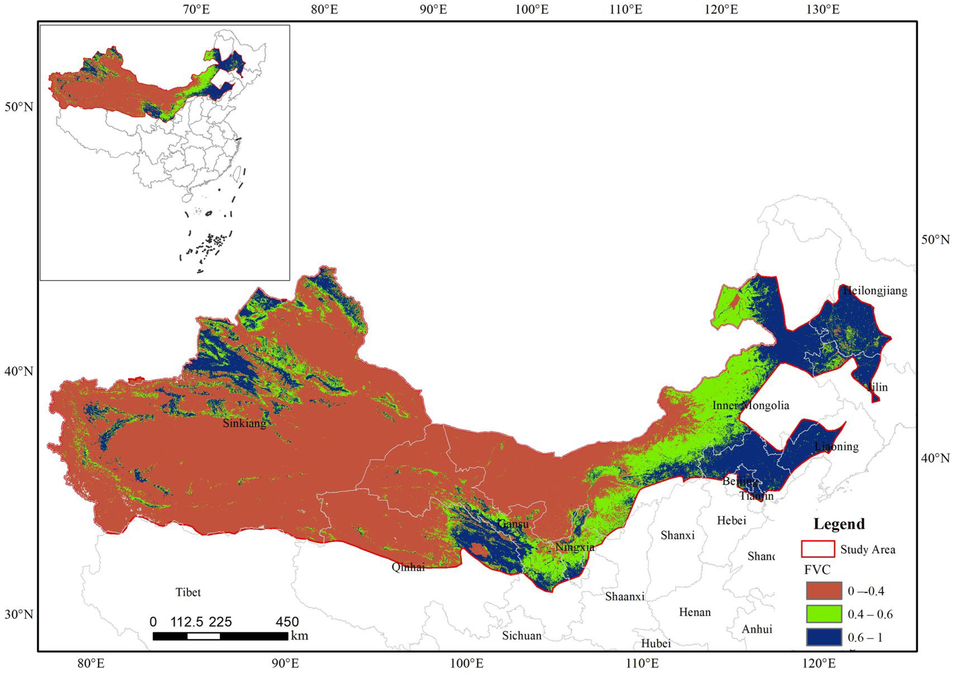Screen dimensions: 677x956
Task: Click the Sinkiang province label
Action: point(244,423)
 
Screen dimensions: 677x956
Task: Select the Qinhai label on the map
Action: point(408,567)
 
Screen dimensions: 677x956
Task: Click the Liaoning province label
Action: point(836,447)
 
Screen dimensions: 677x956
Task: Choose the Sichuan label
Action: point(522,636)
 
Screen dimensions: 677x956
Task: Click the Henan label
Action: point(695,612)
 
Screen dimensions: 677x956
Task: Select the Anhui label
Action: point(757,629)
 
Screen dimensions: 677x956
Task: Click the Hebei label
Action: point(731,520)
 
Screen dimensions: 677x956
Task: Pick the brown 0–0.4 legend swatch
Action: point(824,591)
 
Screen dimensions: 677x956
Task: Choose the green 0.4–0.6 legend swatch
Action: point(824,614)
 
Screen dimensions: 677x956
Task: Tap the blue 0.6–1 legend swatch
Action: point(824,637)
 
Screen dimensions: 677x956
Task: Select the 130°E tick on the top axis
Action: point(823,10)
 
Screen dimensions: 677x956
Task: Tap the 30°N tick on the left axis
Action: point(19,614)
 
